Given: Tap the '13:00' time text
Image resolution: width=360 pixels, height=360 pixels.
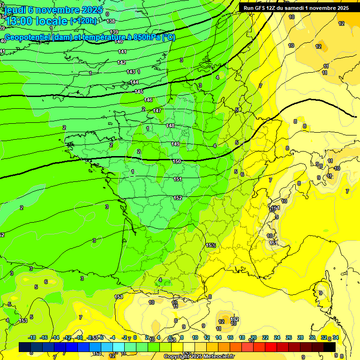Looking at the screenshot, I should [x=22, y=21].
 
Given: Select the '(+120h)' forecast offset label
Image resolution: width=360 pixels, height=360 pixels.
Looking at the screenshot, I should [x=83, y=21].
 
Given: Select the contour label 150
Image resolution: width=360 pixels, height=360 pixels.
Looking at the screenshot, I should [x=177, y=162].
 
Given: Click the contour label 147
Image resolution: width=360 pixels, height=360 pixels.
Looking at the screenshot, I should [x=157, y=111].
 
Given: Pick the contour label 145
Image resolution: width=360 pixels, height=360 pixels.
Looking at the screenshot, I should [x=139, y=91].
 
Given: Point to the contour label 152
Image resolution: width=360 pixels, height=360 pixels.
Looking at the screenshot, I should [x=178, y=198].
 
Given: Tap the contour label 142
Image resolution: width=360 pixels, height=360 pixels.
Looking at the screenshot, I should [x=122, y=62].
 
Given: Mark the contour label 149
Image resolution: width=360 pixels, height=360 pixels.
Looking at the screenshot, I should [x=175, y=144].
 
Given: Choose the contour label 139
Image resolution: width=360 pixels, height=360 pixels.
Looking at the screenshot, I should [x=114, y=32].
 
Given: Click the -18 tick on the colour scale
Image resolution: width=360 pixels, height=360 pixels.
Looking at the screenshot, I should [x=32, y=338].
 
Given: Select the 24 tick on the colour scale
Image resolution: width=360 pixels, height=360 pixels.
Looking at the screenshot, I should [x=277, y=338].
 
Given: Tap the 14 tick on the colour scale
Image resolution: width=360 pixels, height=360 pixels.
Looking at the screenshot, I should [x=218, y=338].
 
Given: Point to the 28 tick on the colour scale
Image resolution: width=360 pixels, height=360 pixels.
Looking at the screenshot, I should [x=300, y=338].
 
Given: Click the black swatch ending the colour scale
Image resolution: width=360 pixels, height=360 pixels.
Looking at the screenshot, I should [x=330, y=347].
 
